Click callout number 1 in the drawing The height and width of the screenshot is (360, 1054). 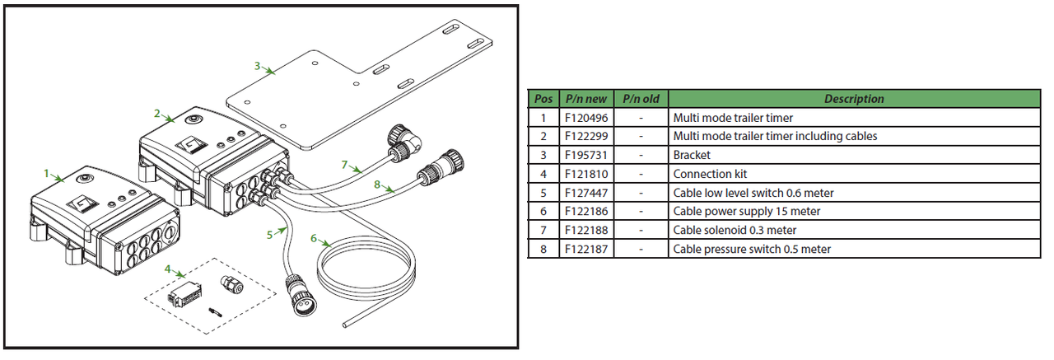tap(46, 174)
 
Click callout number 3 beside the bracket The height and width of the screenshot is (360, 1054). tap(258, 65)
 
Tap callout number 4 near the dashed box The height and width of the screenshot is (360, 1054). tap(167, 269)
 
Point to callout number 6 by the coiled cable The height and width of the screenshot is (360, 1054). tap(313, 239)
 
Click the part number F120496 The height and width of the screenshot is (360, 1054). tap(585, 118)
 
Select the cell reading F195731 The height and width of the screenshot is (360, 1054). tap(585, 155)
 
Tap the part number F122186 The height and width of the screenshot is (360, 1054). tap(585, 211)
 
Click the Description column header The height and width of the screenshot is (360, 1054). tap(853, 99)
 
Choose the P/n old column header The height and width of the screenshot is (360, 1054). tap(640, 99)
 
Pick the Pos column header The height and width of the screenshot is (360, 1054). tap(543, 99)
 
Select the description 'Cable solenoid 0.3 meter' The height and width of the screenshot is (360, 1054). tap(735, 230)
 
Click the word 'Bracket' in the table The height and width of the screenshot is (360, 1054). tap(692, 155)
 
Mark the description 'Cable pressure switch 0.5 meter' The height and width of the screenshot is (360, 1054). tap(752, 249)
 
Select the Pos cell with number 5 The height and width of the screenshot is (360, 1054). tap(543, 193)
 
